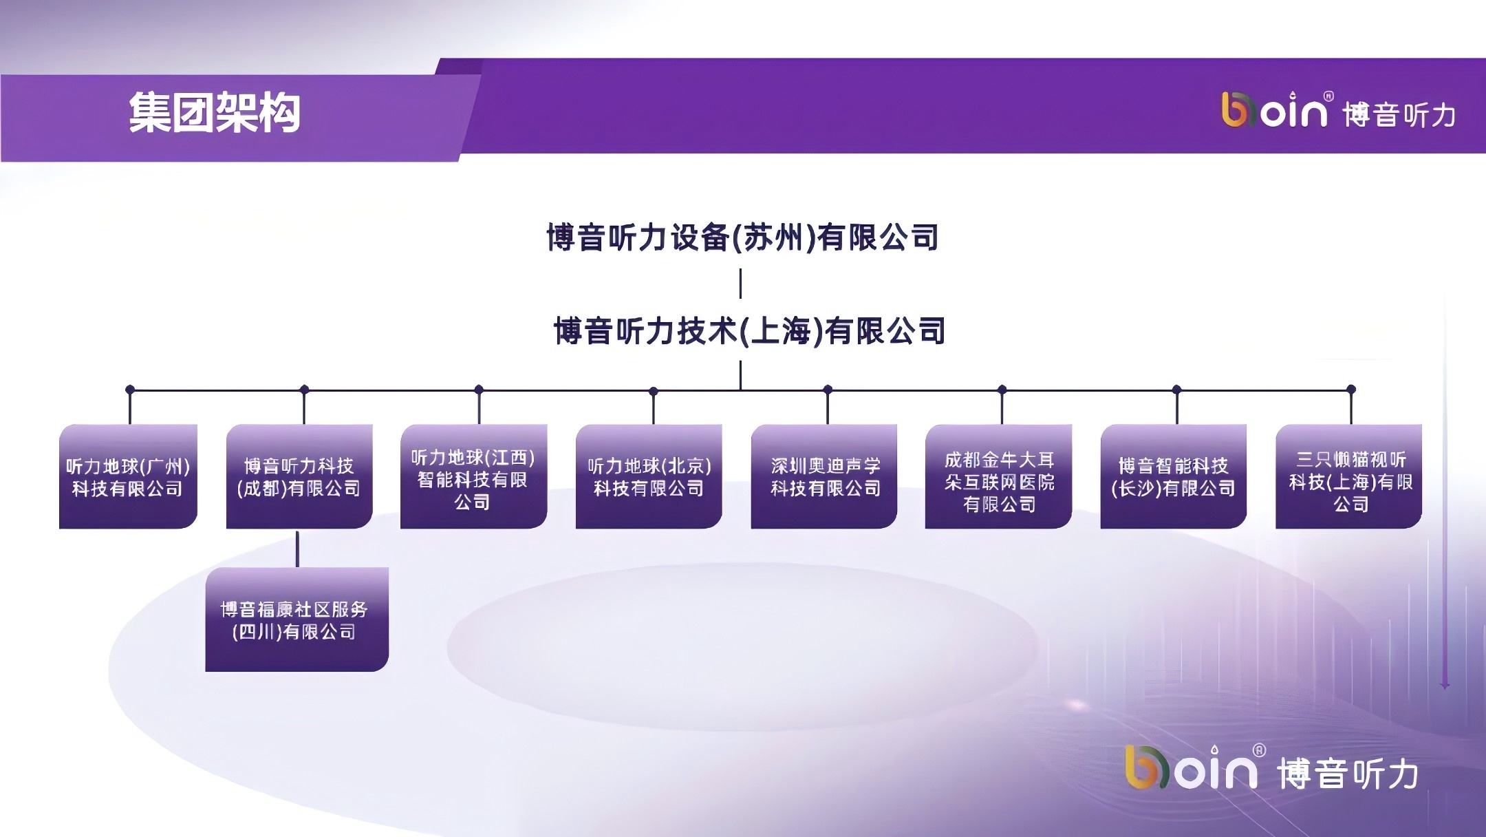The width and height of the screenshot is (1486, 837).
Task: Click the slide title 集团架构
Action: pyautogui.click(x=215, y=113)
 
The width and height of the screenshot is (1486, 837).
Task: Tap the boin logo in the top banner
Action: pyautogui.click(x=1274, y=110)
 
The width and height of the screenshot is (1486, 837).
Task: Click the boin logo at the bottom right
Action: pyautogui.click(x=1192, y=767)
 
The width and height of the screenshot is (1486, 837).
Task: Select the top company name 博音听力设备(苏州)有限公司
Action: pyautogui.click(x=742, y=237)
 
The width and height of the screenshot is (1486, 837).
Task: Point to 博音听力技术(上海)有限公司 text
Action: pyautogui.click(x=749, y=331)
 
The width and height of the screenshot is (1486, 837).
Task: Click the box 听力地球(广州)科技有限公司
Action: pyautogui.click(x=128, y=476)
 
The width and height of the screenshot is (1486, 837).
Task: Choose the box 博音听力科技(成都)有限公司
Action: pyautogui.click(x=299, y=476)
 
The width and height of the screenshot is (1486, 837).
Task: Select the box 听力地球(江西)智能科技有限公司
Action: pyautogui.click(x=473, y=476)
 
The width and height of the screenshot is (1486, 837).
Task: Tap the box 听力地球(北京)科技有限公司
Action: pyautogui.click(x=649, y=476)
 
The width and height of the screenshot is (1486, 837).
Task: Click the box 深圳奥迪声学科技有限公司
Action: pyautogui.click(x=824, y=476)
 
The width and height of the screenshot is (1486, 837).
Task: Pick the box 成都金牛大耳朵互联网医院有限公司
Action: pyautogui.click(x=998, y=476)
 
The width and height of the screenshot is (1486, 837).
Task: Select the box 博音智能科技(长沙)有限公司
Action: pyautogui.click(x=1174, y=476)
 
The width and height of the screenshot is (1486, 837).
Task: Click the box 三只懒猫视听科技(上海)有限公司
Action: pyautogui.click(x=1348, y=476)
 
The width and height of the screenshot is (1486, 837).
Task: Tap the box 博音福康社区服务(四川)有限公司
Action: pyautogui.click(x=297, y=619)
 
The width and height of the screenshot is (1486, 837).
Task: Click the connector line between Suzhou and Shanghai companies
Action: pyautogui.click(x=740, y=284)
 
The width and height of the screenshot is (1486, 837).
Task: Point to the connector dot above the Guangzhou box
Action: pyautogui.click(x=130, y=390)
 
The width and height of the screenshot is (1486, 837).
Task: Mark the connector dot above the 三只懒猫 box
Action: pyautogui.click(x=1351, y=390)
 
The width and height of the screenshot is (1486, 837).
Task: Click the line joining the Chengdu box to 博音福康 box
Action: pyautogui.click(x=297, y=549)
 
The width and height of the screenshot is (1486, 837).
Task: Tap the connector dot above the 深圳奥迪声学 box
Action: pyautogui.click(x=828, y=390)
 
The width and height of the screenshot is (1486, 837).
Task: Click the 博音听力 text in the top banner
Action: pyautogui.click(x=1399, y=114)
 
